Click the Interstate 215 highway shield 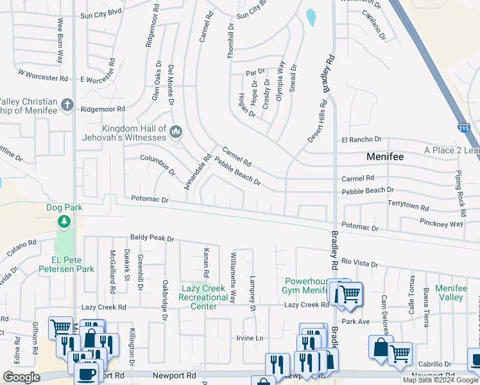pyautogui.click(x=464, y=128)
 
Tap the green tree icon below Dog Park pyautogui.click(x=64, y=222)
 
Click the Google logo pyautogui.click(x=21, y=377)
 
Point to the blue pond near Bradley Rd pyautogui.click(x=311, y=17)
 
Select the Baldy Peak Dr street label pyautogui.click(x=152, y=238)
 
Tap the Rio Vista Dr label pyautogui.click(x=360, y=262)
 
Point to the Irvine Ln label pyautogui.click(x=250, y=338)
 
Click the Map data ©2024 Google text pyautogui.click(x=440, y=380)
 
